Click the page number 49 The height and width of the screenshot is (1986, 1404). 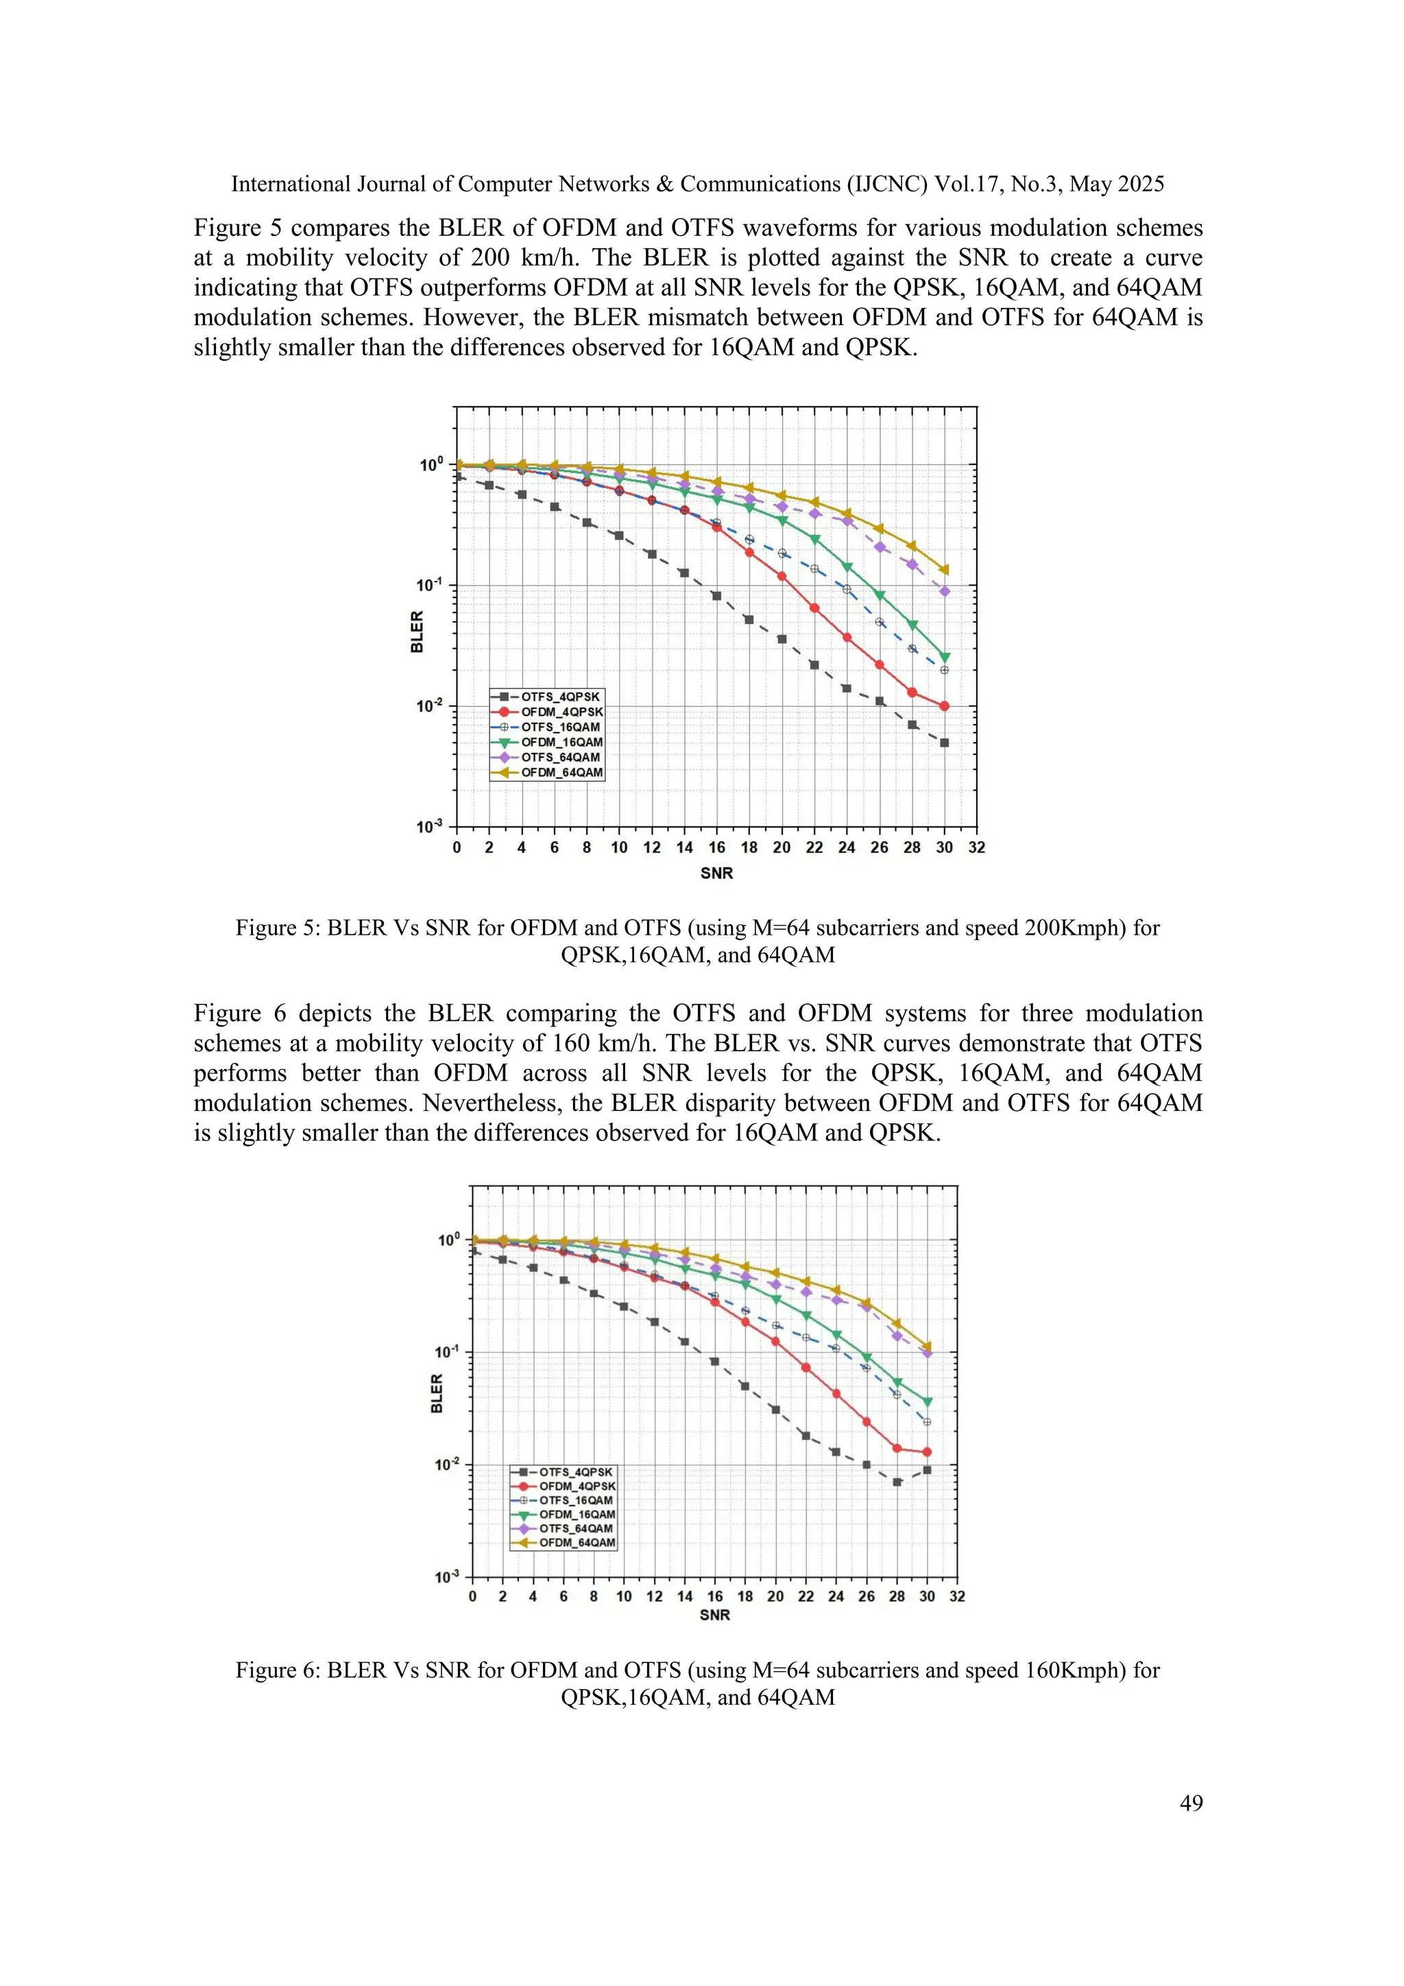1191,1803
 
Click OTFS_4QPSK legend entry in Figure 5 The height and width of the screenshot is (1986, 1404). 559,696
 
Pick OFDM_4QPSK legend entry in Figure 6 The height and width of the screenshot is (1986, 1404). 577,1486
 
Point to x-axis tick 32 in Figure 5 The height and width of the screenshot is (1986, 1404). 977,848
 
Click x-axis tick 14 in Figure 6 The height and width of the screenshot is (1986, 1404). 685,1596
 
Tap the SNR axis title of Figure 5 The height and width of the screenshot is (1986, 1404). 716,874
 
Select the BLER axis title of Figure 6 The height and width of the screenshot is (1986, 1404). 437,1393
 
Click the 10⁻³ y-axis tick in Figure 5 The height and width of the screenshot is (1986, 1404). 430,826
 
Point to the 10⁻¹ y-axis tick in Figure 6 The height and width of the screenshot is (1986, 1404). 448,1352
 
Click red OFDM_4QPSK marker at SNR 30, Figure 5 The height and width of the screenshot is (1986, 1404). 944,706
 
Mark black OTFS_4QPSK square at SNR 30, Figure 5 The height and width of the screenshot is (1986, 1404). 944,743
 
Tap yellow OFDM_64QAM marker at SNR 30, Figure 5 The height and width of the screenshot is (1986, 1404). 944,570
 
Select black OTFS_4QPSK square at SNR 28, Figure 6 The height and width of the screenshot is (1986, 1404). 897,1482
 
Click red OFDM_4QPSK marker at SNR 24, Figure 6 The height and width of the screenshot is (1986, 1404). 836,1393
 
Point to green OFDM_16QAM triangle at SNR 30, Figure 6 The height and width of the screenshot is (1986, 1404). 928,1401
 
